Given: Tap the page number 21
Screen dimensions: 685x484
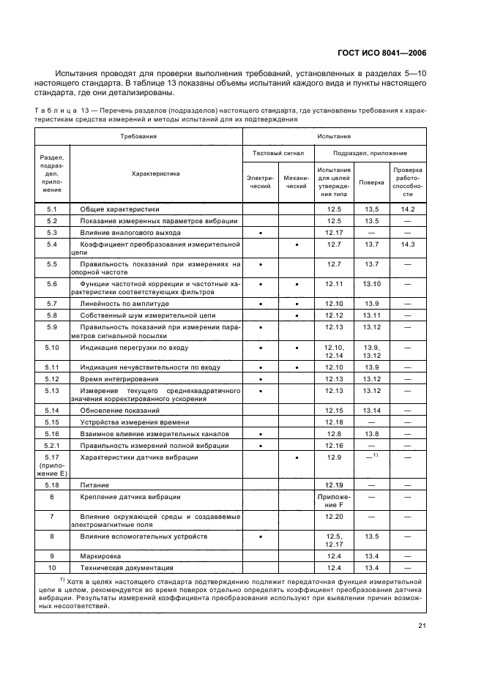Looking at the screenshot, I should click(x=422, y=624).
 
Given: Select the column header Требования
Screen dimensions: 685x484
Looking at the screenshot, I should click(x=139, y=136).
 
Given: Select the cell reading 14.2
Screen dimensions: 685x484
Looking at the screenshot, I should click(x=408, y=209).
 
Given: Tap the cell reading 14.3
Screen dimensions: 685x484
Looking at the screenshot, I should click(x=408, y=244).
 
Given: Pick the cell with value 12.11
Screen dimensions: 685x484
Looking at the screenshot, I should click(x=334, y=283).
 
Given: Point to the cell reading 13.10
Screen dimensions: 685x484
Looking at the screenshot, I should click(x=371, y=283).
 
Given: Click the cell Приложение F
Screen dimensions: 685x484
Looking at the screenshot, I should click(x=334, y=501).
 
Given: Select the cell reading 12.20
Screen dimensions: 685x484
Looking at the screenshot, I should click(x=334, y=517).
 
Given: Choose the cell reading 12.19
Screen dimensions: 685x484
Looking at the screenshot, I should click(x=334, y=485).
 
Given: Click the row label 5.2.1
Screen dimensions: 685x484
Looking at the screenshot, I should click(x=52, y=446).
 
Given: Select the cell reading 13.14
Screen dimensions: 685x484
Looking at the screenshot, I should click(x=371, y=411).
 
